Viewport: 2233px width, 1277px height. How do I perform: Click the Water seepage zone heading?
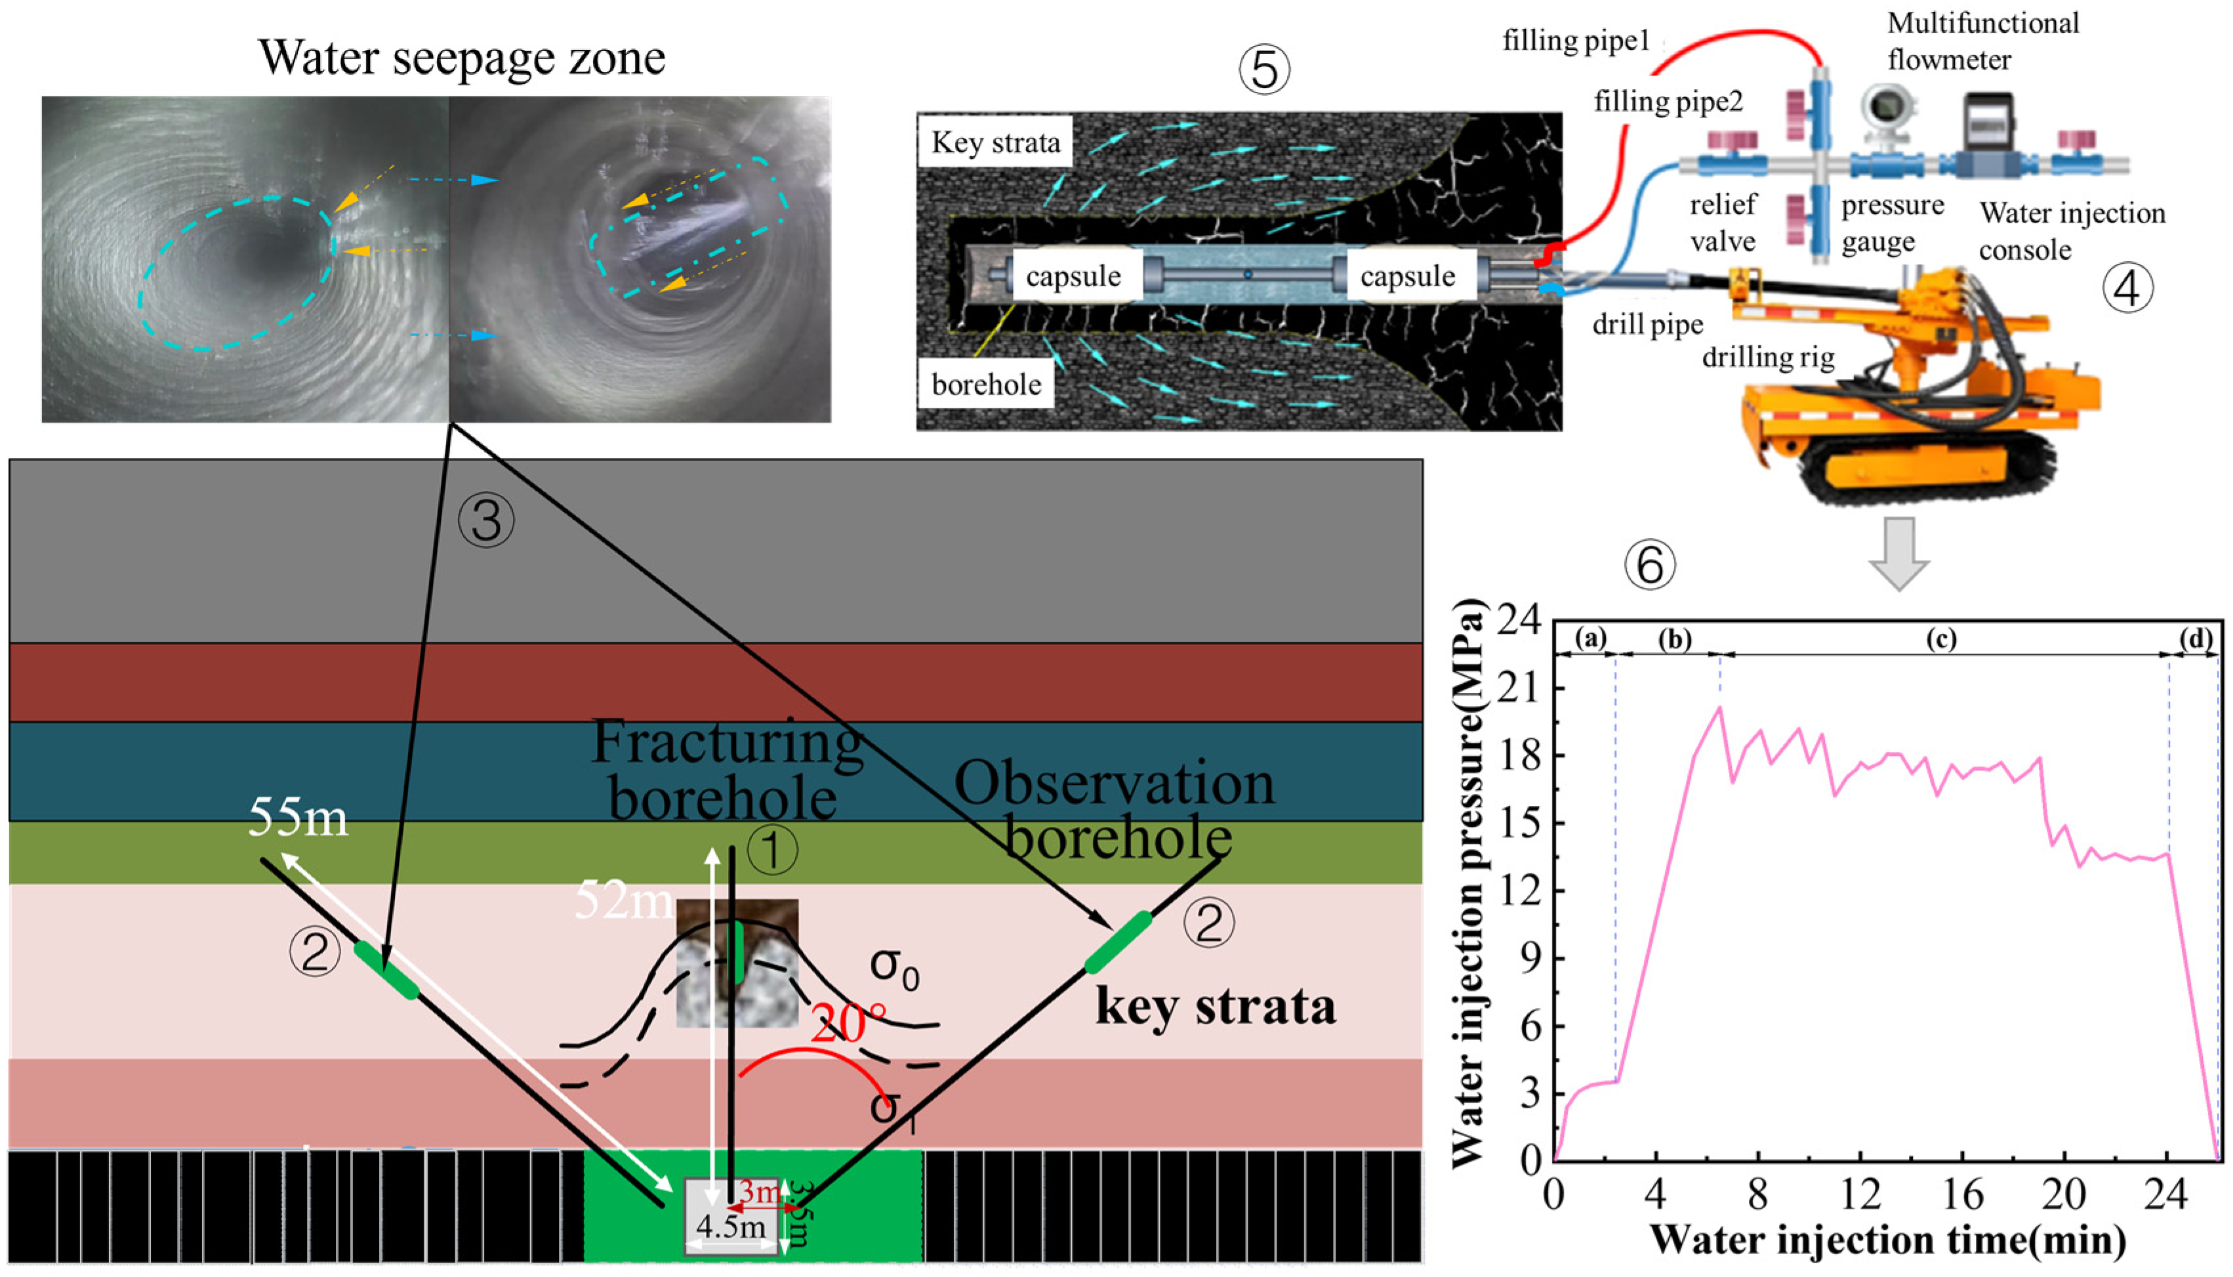tap(462, 58)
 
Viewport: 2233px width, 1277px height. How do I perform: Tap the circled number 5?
tap(1263, 71)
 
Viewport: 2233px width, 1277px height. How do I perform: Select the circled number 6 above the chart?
tap(1650, 565)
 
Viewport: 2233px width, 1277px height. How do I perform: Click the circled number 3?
tap(485, 521)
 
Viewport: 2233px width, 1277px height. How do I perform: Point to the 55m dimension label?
tap(298, 818)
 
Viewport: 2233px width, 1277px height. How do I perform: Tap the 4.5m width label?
tap(730, 1226)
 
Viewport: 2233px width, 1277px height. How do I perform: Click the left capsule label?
tap(1073, 276)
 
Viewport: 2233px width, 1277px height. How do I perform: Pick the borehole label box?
tap(987, 384)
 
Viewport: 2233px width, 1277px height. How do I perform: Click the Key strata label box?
tap(995, 142)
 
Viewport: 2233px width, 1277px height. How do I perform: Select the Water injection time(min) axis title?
tap(1889, 1240)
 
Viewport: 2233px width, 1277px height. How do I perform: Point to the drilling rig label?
tap(1767, 358)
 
